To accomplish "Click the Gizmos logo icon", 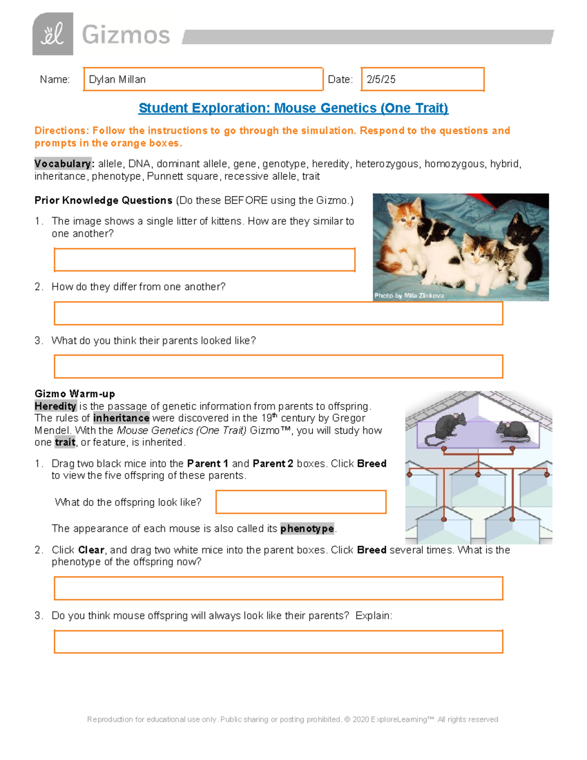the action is (x=53, y=34).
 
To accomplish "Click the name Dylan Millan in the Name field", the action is (x=117, y=79).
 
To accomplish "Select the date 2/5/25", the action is (x=381, y=79).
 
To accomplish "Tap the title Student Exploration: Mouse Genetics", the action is (x=293, y=108).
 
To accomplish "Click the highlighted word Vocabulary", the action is (x=63, y=163).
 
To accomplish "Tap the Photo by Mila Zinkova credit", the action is (x=409, y=296).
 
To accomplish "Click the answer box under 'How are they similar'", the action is (x=204, y=260).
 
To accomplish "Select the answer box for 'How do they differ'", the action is (x=279, y=313).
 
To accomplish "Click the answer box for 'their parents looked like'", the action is (x=279, y=367).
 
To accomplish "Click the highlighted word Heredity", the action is (x=56, y=406).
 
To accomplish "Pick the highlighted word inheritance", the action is (x=121, y=418).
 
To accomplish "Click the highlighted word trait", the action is (x=65, y=442).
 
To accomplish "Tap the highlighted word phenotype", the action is (x=307, y=528).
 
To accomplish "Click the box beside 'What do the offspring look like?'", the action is (x=301, y=502).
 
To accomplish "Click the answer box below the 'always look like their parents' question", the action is (x=279, y=642).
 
